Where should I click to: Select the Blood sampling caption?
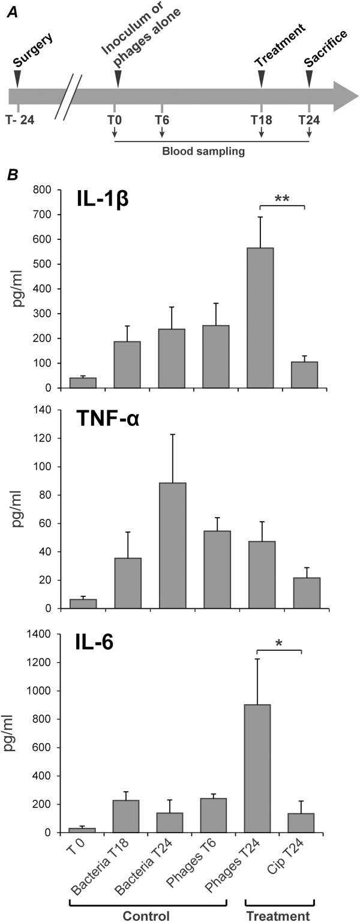click(203, 152)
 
